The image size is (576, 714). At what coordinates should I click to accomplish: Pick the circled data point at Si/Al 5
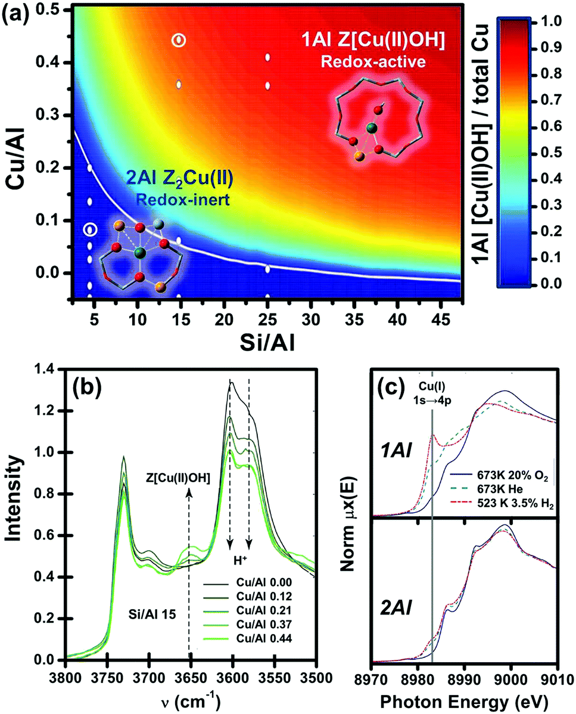coord(90,229)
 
